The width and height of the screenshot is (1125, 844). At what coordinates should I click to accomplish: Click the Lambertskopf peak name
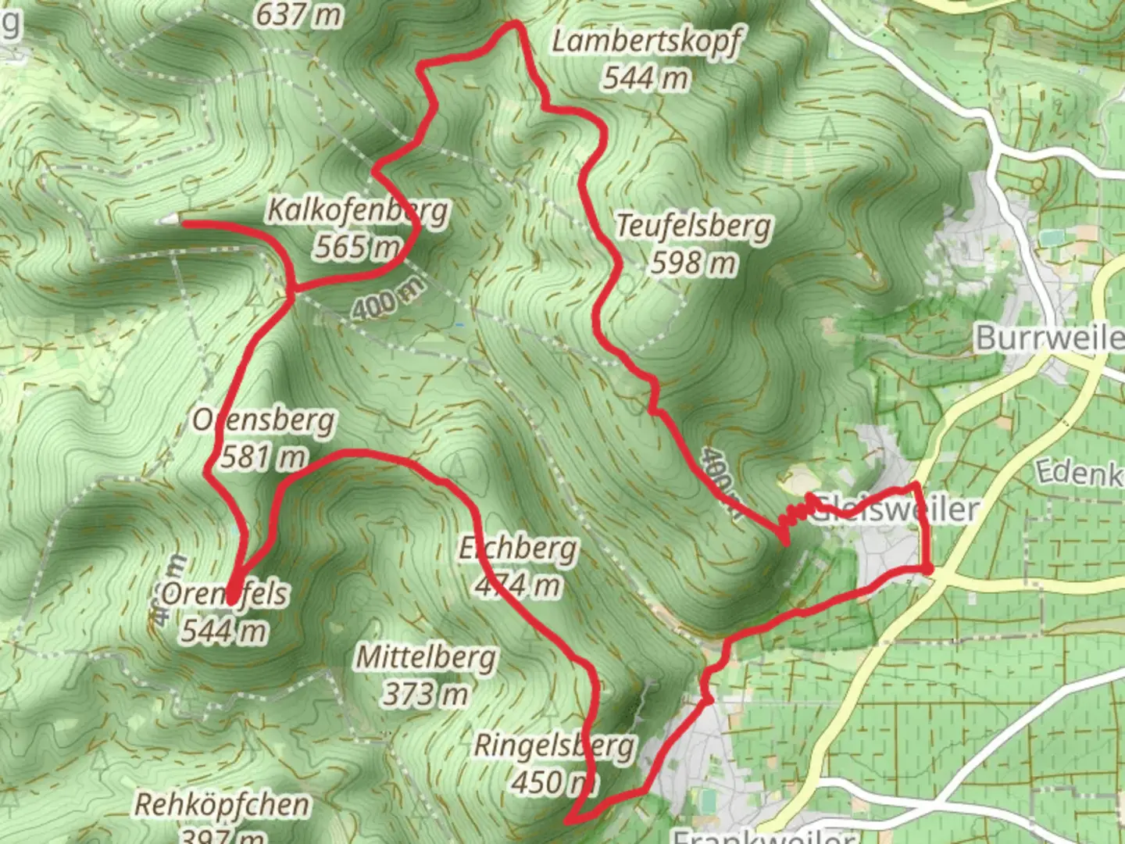(x=645, y=41)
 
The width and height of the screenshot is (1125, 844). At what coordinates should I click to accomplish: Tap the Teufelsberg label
(x=693, y=226)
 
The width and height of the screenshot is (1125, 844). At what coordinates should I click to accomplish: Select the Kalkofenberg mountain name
(x=358, y=210)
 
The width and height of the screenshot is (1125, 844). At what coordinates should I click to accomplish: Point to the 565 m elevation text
(x=356, y=247)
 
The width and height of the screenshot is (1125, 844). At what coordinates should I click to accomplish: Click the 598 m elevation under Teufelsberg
(x=693, y=263)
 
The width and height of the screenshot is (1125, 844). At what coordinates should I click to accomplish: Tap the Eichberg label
(x=518, y=549)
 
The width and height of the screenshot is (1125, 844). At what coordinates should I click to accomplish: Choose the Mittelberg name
(x=426, y=657)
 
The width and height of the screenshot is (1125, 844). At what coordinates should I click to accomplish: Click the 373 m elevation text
(x=426, y=693)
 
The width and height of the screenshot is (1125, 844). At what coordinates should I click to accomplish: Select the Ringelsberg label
(x=554, y=746)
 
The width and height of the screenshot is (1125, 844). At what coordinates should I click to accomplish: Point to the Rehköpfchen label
(x=222, y=804)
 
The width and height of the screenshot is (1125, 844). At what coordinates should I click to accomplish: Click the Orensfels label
(x=225, y=594)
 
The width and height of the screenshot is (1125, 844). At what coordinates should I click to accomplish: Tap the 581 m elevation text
(x=263, y=456)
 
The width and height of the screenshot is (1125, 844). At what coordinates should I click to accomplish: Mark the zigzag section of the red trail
(x=795, y=513)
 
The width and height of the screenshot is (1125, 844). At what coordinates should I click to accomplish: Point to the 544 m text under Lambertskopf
(x=645, y=77)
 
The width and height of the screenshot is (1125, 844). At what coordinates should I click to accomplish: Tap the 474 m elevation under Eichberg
(x=518, y=585)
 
